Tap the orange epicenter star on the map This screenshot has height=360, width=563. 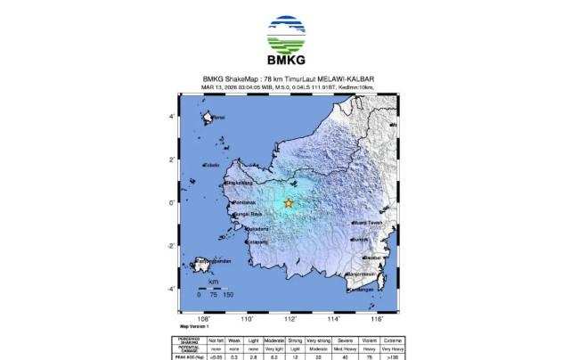[x=289, y=203]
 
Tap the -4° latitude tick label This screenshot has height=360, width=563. [x=174, y=289]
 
